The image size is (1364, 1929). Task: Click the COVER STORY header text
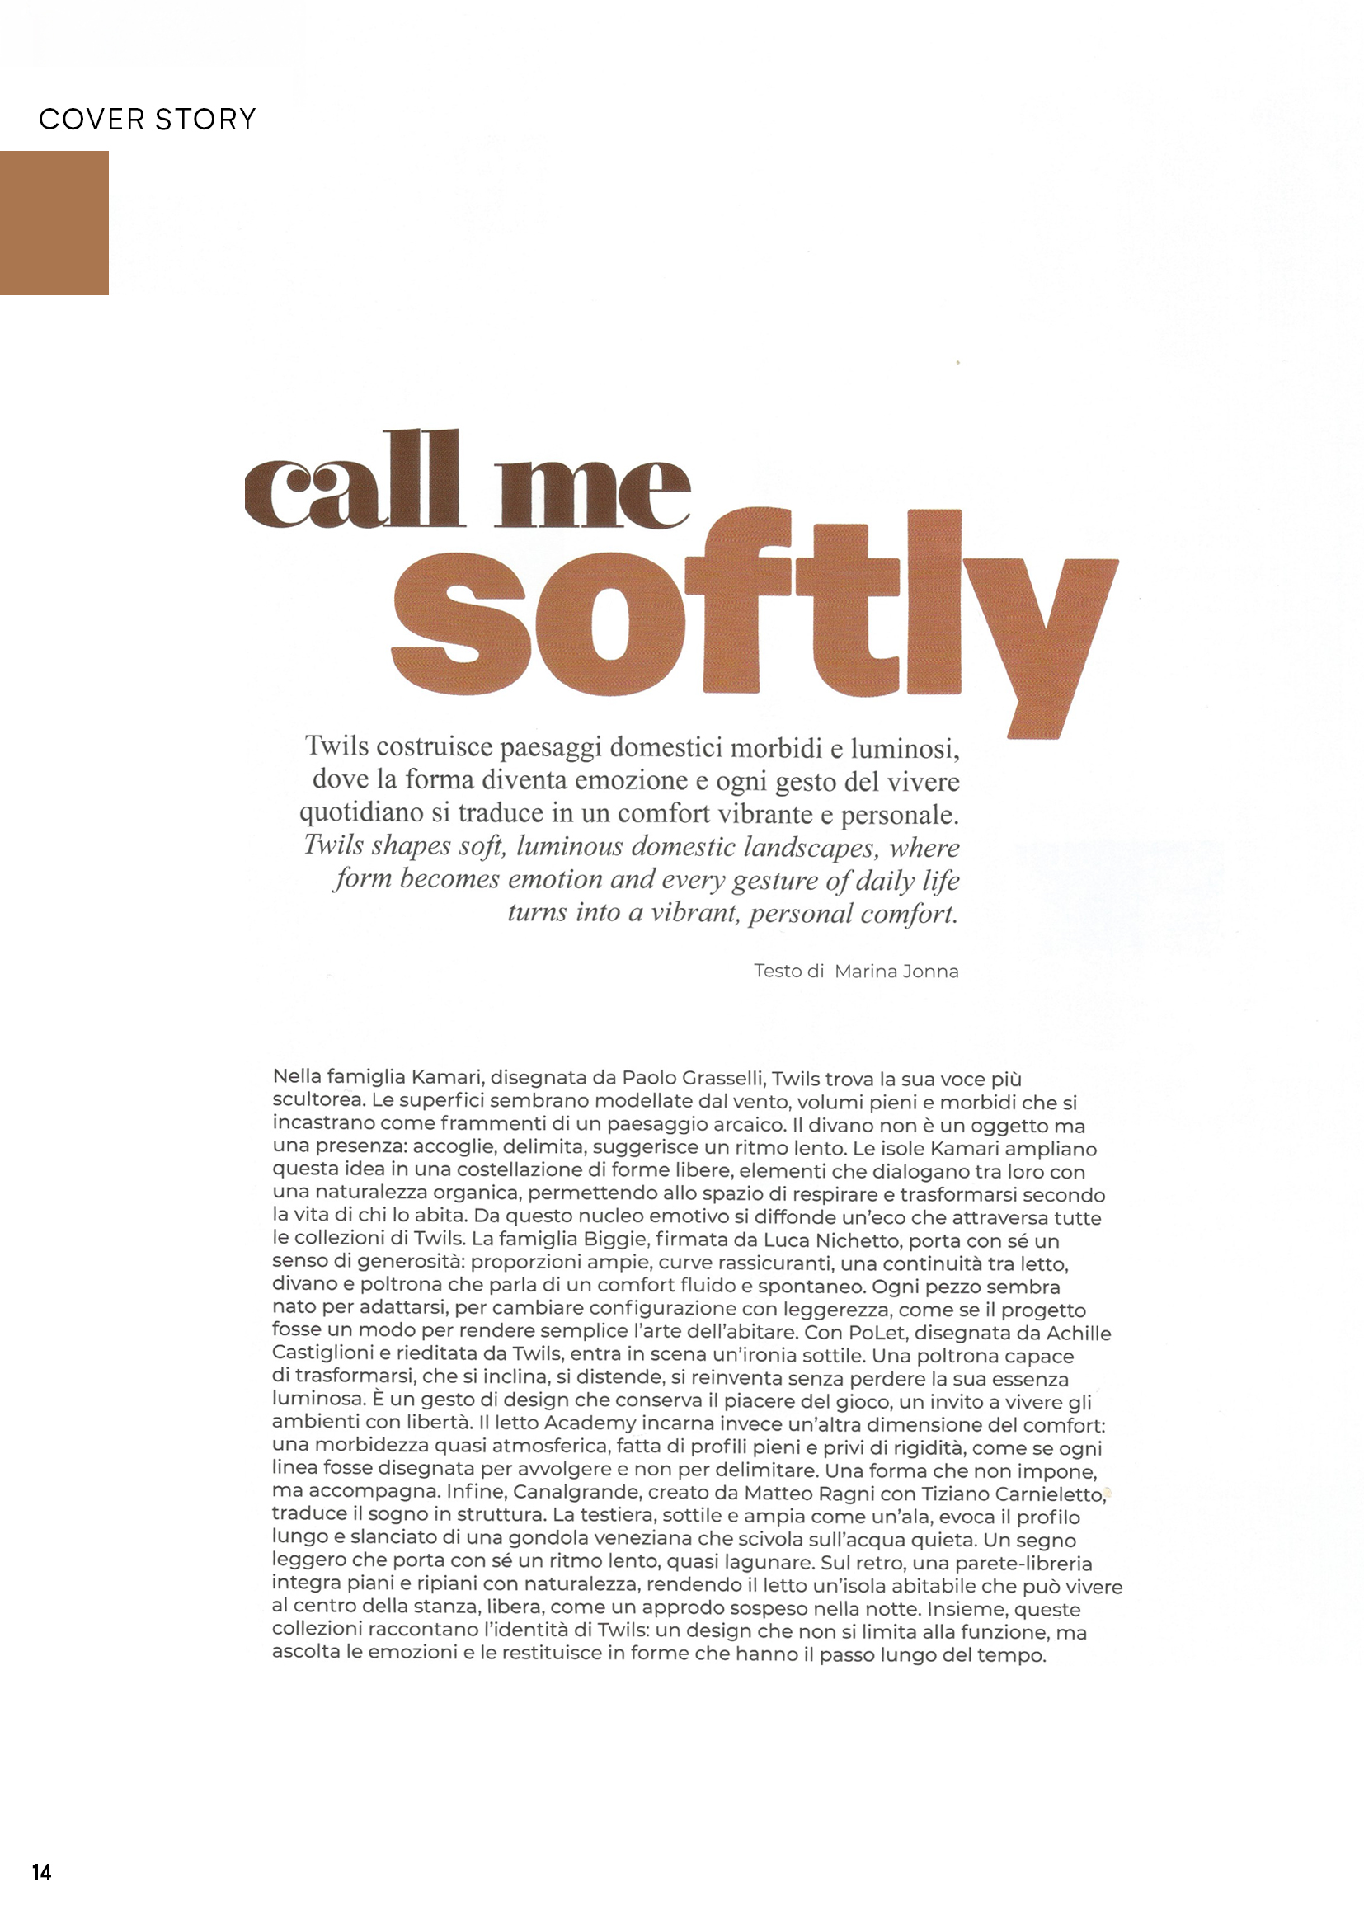pos(147,120)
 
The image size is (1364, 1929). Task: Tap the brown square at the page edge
pos(54,223)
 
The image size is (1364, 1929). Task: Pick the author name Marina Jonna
pos(896,972)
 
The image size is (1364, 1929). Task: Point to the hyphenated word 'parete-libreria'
pos(1024,1563)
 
